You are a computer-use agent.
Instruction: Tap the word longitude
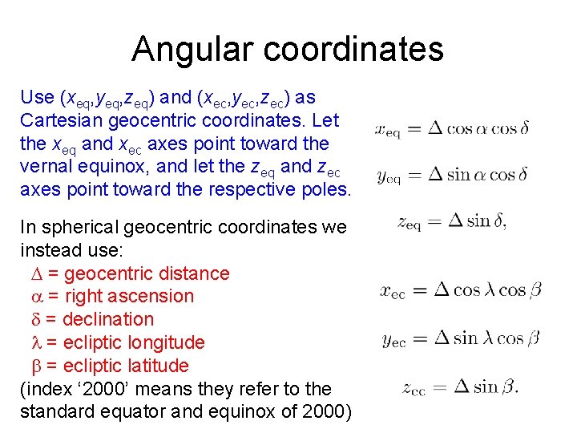164,342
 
